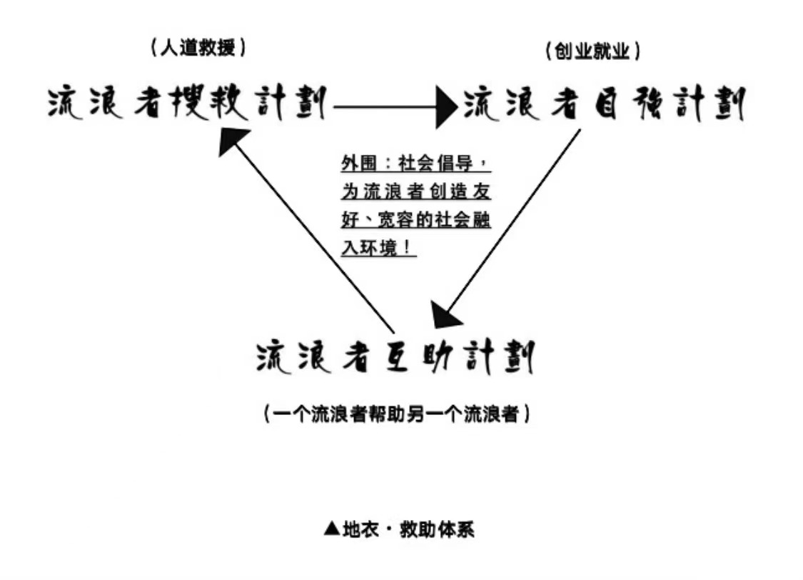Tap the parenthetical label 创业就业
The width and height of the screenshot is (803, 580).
tap(592, 51)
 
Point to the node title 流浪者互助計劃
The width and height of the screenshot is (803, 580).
tap(395, 356)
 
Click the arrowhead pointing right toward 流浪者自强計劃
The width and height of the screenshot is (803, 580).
tap(447, 107)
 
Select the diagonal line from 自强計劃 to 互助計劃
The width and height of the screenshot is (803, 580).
tap(514, 221)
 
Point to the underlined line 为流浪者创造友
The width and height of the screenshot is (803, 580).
tap(416, 191)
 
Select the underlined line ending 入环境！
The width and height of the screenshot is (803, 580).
tap(378, 248)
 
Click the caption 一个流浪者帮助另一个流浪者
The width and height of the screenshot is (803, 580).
tap(397, 414)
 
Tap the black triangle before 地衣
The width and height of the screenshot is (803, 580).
tap(332, 529)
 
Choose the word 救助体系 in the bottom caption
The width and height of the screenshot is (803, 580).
tap(437, 529)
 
